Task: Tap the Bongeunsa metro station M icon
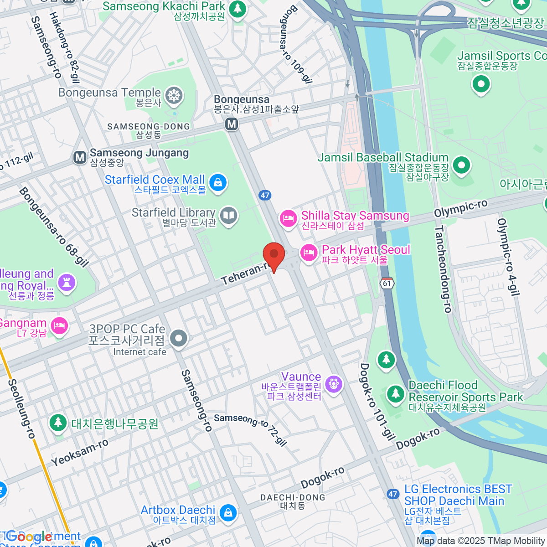(232, 124)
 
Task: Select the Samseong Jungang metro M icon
(80, 158)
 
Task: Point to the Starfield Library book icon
(229, 216)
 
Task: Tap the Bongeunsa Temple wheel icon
(174, 96)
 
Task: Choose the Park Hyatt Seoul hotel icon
(309, 252)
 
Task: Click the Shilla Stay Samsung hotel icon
(288, 219)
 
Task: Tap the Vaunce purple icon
(334, 384)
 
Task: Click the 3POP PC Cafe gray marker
(179, 339)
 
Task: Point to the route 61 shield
(387, 283)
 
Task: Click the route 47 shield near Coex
(265, 195)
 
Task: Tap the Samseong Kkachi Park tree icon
(237, 9)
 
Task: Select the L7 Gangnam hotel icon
(60, 325)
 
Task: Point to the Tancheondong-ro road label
(443, 269)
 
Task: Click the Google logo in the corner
(30, 537)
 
